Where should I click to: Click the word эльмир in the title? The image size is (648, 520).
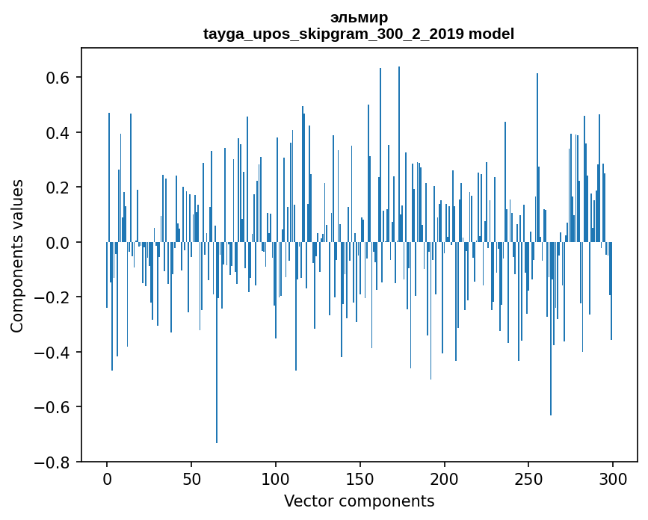point(359,18)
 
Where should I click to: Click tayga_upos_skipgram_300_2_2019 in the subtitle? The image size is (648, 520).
point(333,34)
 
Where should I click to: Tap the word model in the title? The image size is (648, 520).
point(491,34)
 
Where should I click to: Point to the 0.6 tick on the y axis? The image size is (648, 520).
point(58,78)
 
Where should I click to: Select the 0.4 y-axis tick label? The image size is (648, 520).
point(58,132)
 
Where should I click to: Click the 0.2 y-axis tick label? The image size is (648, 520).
point(58,188)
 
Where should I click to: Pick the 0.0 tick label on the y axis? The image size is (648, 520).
point(58,243)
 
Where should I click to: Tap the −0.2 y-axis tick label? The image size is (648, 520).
point(52,297)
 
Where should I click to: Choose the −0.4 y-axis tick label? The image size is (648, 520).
point(52,353)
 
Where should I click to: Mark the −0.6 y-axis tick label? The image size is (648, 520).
point(52,407)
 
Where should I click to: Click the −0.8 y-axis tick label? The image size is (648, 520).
point(52,462)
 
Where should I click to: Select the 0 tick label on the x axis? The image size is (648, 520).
point(107,480)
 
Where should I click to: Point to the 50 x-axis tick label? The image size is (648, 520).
point(191,480)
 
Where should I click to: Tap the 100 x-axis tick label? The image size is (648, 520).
point(276,480)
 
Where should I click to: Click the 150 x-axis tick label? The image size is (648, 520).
point(360,480)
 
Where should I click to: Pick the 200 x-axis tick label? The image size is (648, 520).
point(444,480)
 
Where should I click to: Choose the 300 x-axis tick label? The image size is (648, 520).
point(613,480)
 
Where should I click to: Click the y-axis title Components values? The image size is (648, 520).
point(17,256)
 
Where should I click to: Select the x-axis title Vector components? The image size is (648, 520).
point(359,501)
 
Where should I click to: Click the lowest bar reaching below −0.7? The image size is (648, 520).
point(217,342)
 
